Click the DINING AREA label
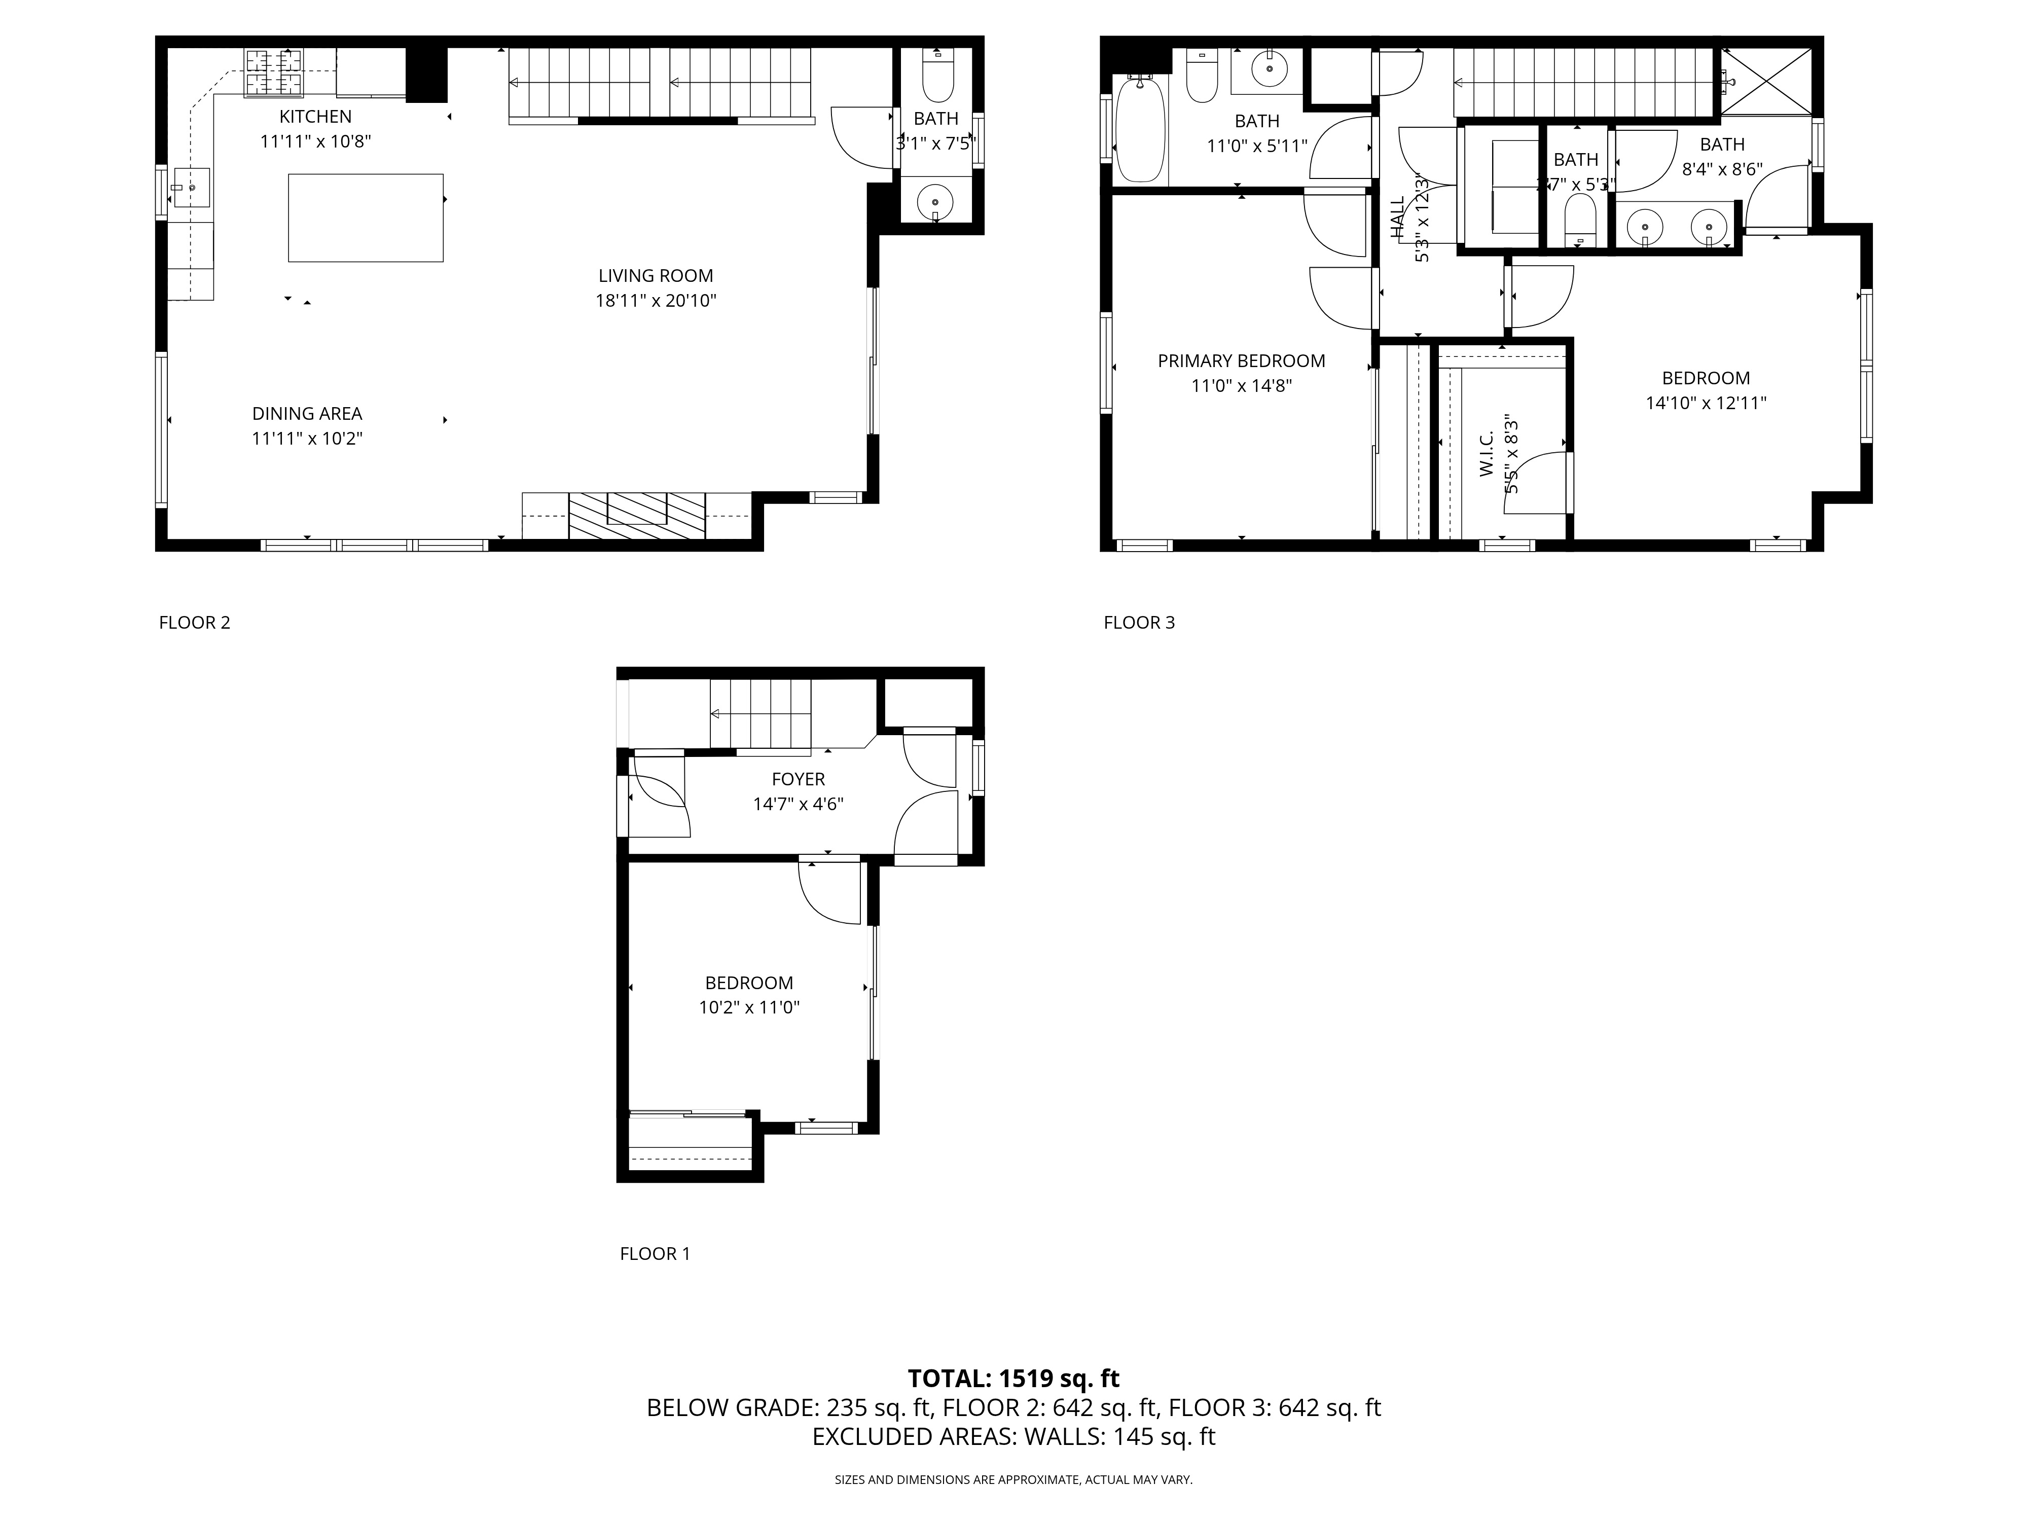[307, 414]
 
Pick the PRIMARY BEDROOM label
[1241, 361]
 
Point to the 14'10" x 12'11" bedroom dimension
[1705, 403]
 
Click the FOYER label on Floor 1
[798, 779]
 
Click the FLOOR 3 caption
[1139, 623]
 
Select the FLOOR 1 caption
[655, 1253]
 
